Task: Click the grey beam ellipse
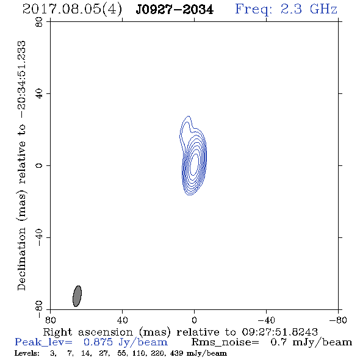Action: [77, 296]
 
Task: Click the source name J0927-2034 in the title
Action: [175, 10]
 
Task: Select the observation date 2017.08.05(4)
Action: [72, 10]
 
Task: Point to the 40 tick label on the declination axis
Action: [39, 94]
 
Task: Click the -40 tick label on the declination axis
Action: [39, 237]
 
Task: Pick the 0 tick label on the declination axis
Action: [39, 165]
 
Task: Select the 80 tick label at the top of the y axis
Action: [39, 22]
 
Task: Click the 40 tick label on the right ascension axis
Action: [123, 320]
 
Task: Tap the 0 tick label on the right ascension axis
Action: [194, 320]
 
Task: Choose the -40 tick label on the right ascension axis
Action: [266, 320]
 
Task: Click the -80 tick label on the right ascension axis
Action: [338, 320]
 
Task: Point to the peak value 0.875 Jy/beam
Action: [126, 342]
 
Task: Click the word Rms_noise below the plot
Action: [225, 342]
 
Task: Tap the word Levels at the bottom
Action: [27, 353]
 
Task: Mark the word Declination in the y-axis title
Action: [21, 259]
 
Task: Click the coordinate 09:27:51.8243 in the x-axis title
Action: [279, 332]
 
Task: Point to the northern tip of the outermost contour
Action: [189, 116]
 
